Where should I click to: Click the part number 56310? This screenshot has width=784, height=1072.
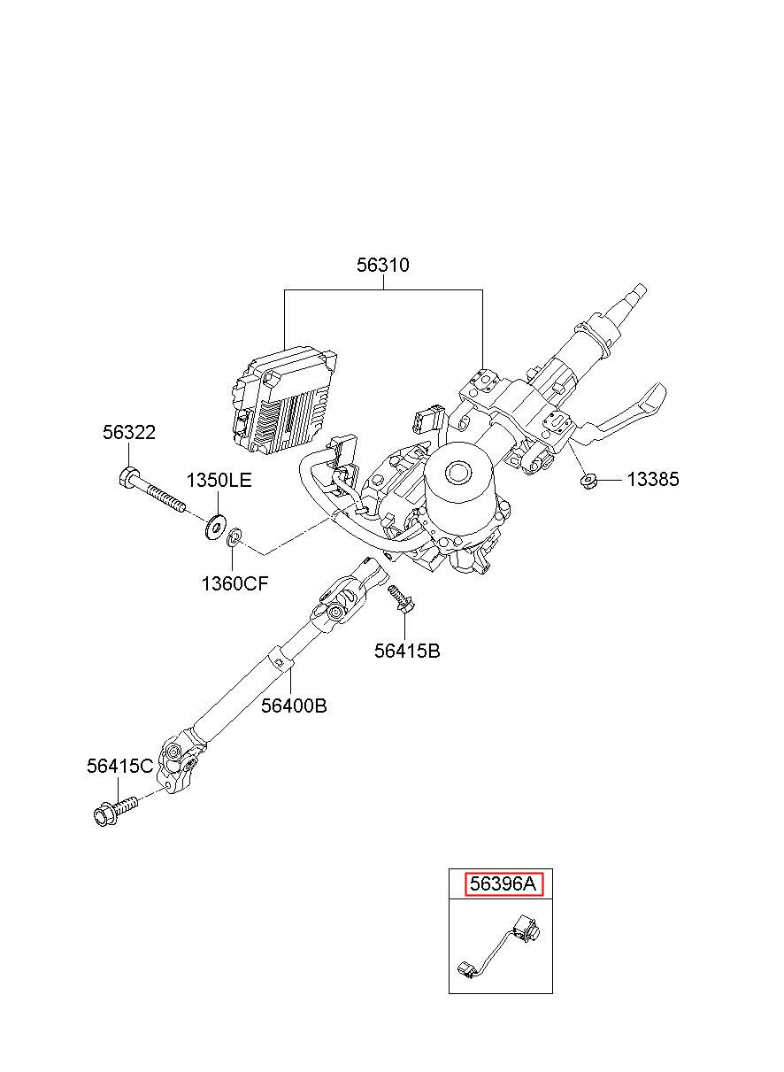coord(382,266)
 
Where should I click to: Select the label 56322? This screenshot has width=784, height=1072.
coord(129,433)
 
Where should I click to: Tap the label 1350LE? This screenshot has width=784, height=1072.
coord(219,480)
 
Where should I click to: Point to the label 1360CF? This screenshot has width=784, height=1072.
coord(234,583)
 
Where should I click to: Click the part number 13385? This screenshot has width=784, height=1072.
coord(653,479)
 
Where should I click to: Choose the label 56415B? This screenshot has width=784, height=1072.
coord(407,651)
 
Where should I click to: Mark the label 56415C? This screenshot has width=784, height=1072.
coord(120,767)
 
